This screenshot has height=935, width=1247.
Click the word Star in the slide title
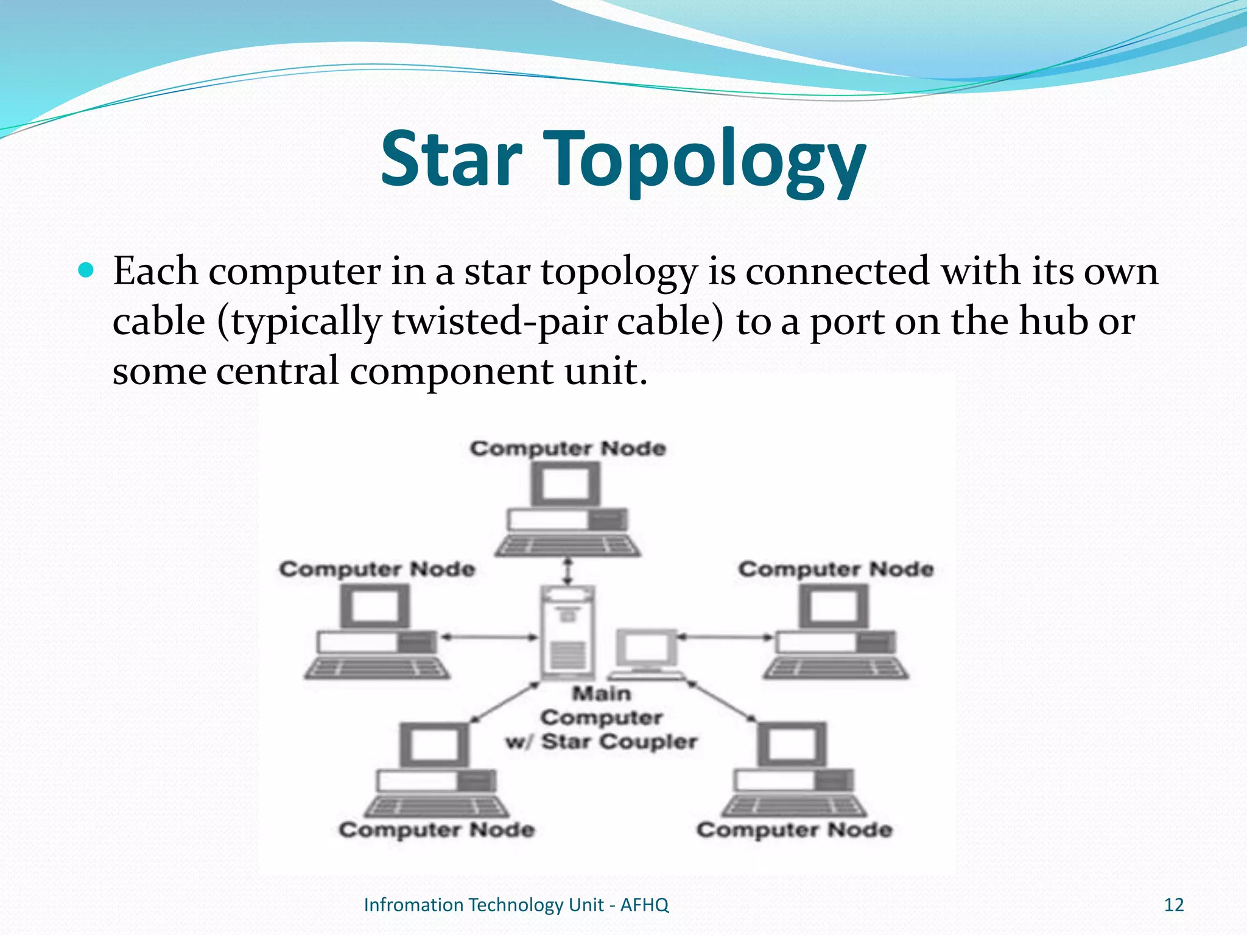[x=451, y=159]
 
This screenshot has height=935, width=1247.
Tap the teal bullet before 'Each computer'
[x=87, y=270]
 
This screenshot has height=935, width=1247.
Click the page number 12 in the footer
[x=1173, y=905]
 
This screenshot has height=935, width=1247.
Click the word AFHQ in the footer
[x=644, y=905]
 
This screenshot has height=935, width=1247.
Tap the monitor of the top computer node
[x=566, y=485]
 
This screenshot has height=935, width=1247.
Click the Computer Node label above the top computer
[x=567, y=449]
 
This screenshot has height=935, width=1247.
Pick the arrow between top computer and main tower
[x=568, y=571]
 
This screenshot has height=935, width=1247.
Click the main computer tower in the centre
[x=568, y=633]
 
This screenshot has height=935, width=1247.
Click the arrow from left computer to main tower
[x=490, y=637]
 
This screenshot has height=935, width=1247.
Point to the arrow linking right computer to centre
[x=725, y=637]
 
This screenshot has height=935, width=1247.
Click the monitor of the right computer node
[x=834, y=606]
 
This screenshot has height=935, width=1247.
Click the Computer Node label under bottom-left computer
[x=437, y=830]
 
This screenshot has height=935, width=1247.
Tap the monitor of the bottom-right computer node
[x=792, y=745]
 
